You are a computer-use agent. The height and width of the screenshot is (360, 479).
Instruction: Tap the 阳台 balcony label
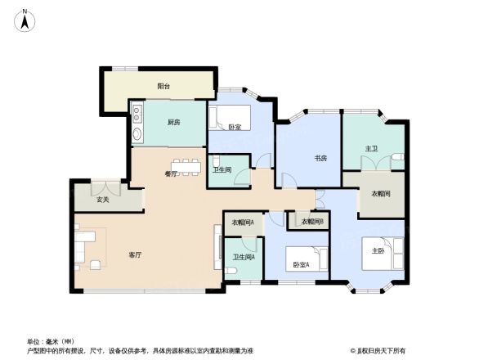tap(163, 86)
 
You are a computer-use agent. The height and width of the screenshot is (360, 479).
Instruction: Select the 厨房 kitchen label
tap(173, 123)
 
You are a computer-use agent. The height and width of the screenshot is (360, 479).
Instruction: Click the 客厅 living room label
tap(136, 255)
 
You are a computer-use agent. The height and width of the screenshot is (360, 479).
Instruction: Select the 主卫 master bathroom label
tap(372, 149)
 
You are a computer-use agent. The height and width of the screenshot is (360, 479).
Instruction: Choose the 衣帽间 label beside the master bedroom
tap(381, 194)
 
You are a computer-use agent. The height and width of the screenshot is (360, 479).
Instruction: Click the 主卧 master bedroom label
tap(378, 250)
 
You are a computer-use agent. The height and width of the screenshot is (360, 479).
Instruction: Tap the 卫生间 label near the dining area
tap(222, 170)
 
